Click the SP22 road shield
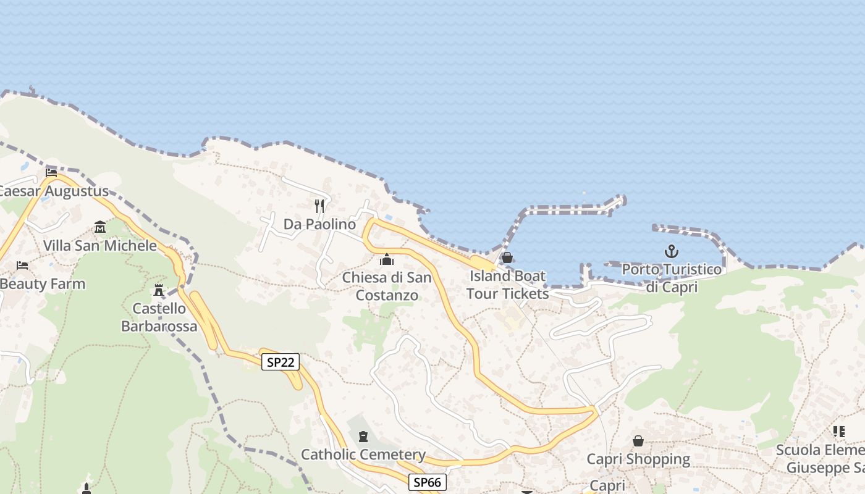tap(281, 362)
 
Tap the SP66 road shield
tap(427, 482)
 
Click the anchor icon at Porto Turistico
tap(672, 251)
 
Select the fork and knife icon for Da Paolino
tap(319, 206)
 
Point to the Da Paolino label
tap(320, 224)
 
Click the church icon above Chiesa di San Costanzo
tap(387, 259)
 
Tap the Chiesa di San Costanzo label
tap(387, 287)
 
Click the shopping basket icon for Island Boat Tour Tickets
tap(507, 257)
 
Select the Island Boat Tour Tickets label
tap(507, 285)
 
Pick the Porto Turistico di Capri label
tap(672, 278)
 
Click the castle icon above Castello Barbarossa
tap(159, 290)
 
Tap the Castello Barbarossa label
tap(159, 317)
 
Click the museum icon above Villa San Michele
tap(100, 227)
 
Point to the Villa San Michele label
tap(100, 246)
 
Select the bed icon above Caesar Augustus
tap(51, 173)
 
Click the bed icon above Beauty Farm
tap(22, 266)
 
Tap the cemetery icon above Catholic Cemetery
tap(363, 437)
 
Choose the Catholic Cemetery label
tap(363, 455)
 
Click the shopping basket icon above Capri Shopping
tap(638, 441)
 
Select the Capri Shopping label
tap(638, 459)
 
